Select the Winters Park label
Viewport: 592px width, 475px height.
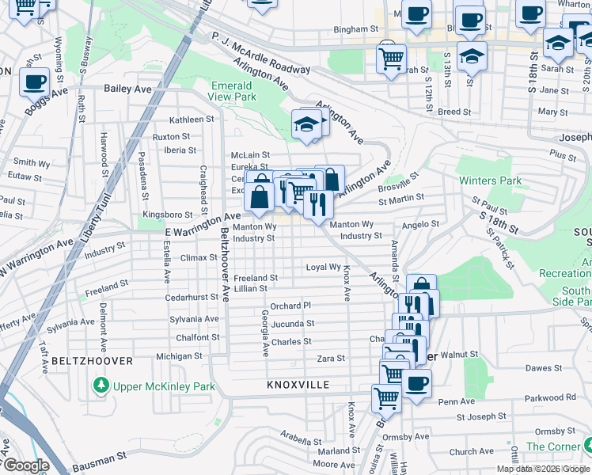pos(491,180)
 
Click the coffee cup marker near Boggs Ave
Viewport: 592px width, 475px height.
pos(34,82)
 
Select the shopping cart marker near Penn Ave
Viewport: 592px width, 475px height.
pos(386,398)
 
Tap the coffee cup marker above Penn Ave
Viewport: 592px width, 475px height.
pos(416,384)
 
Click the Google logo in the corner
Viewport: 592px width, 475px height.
pos(25,465)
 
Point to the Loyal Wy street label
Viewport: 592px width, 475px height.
pos(323,268)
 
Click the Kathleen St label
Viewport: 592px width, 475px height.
pos(186,120)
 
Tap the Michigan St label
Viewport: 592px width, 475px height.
pos(174,356)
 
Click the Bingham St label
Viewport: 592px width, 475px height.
pos(351,29)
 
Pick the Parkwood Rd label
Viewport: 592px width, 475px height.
pos(554,397)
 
